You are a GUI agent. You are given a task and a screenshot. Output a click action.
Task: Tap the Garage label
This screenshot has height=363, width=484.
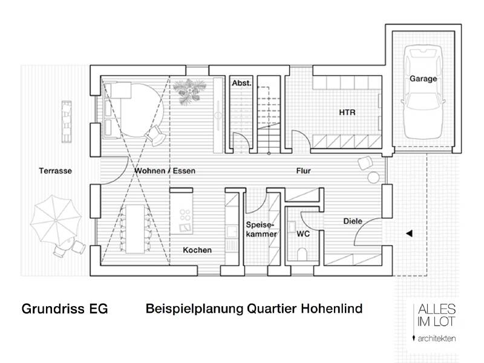pyautogui.click(x=422, y=79)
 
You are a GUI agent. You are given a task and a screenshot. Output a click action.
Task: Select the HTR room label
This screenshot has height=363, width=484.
pyautogui.click(x=347, y=113)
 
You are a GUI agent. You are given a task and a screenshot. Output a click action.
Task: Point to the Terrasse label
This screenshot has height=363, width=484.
pyautogui.click(x=55, y=171)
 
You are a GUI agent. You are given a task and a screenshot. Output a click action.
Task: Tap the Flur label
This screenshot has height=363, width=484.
pyautogui.click(x=303, y=171)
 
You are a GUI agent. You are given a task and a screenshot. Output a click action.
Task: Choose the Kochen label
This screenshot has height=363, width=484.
pyautogui.click(x=197, y=250)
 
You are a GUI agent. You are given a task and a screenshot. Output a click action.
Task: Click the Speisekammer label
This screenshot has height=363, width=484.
pyautogui.click(x=261, y=228)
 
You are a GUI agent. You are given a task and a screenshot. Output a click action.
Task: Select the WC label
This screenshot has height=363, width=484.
pyautogui.click(x=303, y=233)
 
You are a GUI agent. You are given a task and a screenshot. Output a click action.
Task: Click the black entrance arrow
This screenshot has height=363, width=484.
pyautogui.click(x=409, y=232)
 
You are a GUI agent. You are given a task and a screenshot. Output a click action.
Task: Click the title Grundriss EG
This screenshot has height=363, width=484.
pyautogui.click(x=65, y=309)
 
